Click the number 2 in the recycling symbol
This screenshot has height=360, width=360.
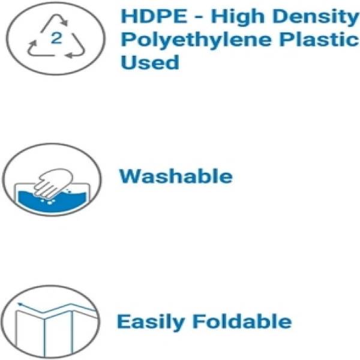pyautogui.click(x=56, y=38)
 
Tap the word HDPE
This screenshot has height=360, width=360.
pyautogui.click(x=154, y=16)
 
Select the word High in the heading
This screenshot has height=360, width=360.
pyautogui.click(x=238, y=17)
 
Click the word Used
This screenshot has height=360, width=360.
pyautogui.click(x=149, y=62)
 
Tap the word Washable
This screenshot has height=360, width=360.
pyautogui.click(x=176, y=176)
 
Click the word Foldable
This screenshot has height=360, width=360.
pyautogui.click(x=242, y=322)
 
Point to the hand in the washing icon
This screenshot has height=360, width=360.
pyautogui.click(x=53, y=183)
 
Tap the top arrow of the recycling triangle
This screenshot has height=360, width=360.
pyautogui.click(x=55, y=22)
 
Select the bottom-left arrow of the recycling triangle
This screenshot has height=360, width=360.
pyautogui.click(x=38, y=50)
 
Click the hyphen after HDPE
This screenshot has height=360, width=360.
pyautogui.click(x=199, y=17)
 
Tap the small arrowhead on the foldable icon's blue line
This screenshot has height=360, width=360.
pyautogui.click(x=20, y=304)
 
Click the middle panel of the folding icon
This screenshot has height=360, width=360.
pyautogui.click(x=59, y=332)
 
